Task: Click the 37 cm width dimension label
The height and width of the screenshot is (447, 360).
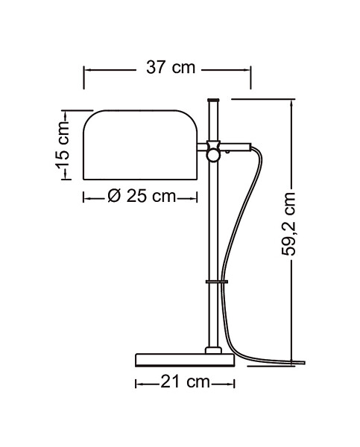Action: pos(171,68)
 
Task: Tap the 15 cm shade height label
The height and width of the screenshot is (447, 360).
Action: pos(62,145)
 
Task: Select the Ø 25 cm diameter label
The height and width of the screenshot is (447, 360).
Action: pos(142,196)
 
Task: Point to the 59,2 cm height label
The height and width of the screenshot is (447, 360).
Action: pos(288,223)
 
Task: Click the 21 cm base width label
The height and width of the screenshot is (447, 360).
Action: pos(185,381)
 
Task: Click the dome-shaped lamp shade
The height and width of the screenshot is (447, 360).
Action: pos(140,145)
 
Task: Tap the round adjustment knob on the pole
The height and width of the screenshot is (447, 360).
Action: pos(213,156)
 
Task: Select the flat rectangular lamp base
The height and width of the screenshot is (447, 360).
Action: pos(185,360)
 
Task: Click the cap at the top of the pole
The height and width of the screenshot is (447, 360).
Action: pos(213,100)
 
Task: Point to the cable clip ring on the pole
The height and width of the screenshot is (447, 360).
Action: pos(217,282)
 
